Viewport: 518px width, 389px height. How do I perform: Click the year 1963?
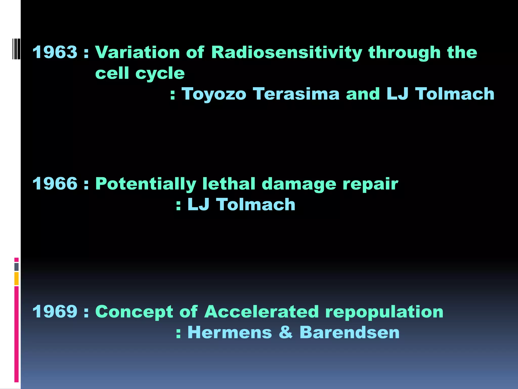coord(55,52)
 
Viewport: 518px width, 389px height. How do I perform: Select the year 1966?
coord(55,184)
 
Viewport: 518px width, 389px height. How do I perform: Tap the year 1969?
coord(55,312)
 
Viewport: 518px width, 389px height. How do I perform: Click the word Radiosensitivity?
coord(287,53)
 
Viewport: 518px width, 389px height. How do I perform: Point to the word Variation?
coord(137,52)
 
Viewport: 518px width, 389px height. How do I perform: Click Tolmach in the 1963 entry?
coord(455,94)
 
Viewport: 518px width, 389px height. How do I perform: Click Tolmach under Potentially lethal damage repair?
coord(255,204)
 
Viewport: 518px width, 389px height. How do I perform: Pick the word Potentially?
coord(146,184)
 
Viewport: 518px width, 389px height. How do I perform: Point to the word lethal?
coord(229,184)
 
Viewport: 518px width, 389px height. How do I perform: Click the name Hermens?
coord(230,332)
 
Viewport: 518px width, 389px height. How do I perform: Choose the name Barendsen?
coord(349,332)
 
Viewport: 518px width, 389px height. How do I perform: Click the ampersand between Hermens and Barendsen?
coord(286,332)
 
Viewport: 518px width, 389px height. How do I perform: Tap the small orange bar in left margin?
coord(16,279)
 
